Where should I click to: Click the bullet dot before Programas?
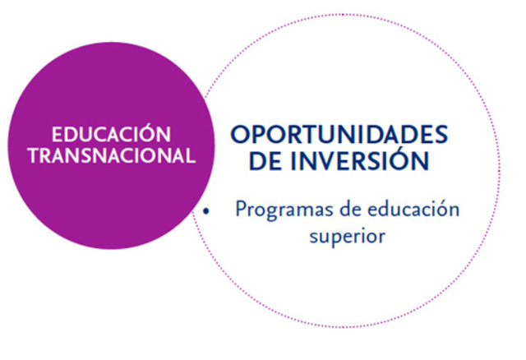207,211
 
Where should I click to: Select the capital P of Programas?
241,209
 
